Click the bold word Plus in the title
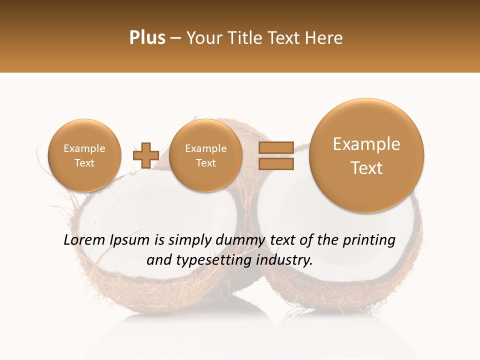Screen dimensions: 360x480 pyautogui.click(x=147, y=38)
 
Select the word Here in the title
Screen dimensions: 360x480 pyautogui.click(x=325, y=38)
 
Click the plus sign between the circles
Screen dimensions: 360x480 pyautogui.click(x=145, y=155)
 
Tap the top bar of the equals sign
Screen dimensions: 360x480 pyautogui.click(x=275, y=147)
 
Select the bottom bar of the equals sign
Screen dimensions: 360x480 pyautogui.click(x=275, y=163)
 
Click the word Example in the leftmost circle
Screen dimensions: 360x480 pyautogui.click(x=84, y=148)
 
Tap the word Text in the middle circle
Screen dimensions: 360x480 pyautogui.click(x=205, y=163)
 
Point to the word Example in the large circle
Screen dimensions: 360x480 pyautogui.click(x=366, y=144)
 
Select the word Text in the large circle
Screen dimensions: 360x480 pyautogui.click(x=366, y=168)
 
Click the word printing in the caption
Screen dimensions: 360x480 pyautogui.click(x=369, y=240)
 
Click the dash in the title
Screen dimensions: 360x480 pyautogui.click(x=175, y=38)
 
